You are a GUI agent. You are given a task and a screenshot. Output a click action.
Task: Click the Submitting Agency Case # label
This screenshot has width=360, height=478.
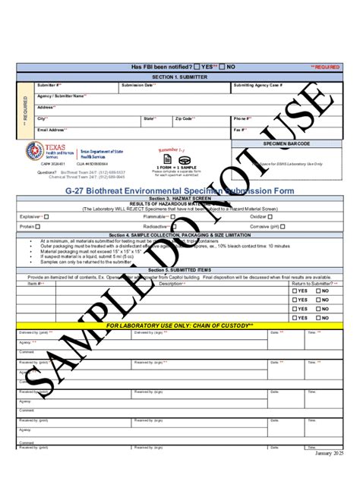pos(259,85)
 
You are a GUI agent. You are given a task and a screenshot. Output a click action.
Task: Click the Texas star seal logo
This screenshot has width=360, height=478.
pos(36,150)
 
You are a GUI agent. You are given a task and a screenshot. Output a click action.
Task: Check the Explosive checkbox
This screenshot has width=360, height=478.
pos(47,215)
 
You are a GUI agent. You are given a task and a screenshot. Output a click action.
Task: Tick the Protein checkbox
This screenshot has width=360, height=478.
pos(43,226)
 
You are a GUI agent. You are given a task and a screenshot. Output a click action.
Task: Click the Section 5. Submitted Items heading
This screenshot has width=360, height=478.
pos(179,270)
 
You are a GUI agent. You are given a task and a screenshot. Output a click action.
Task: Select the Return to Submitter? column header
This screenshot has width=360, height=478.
pos(310,283)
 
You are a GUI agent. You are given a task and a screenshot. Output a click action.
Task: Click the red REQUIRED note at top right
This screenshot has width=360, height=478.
pos(326,68)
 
